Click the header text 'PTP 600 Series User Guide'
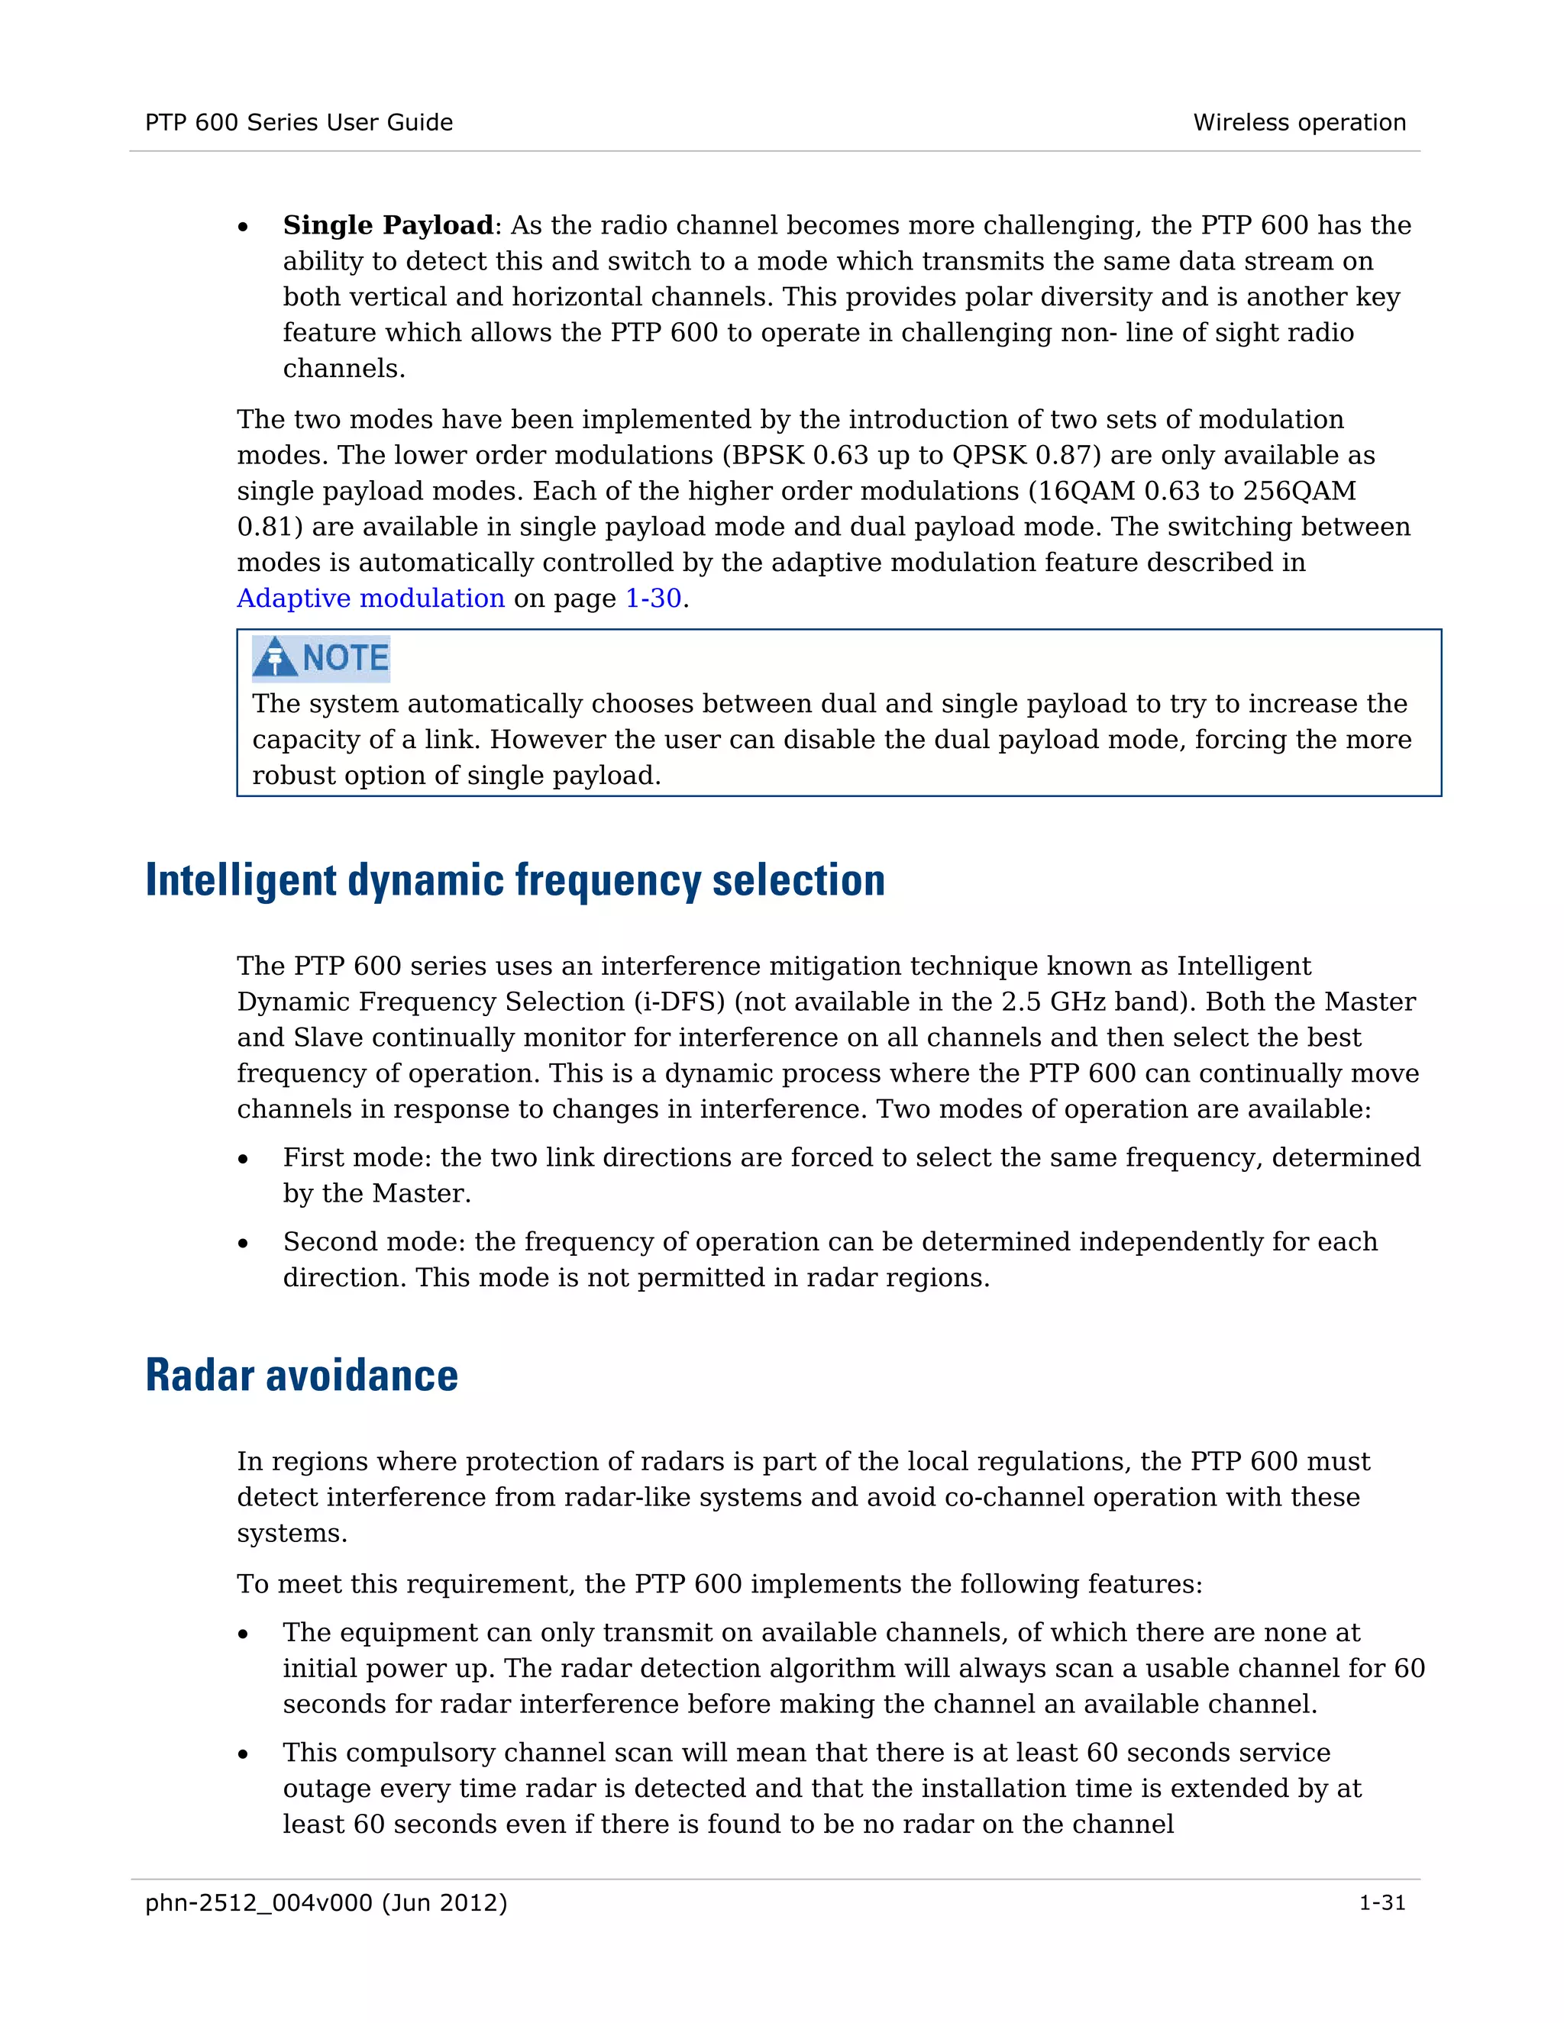(299, 122)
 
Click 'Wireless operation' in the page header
(1299, 122)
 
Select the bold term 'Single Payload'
(388, 225)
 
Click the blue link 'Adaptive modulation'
(370, 599)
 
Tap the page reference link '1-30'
(653, 599)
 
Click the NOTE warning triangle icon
(275, 657)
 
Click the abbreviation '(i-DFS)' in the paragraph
(679, 1002)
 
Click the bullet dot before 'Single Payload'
(243, 227)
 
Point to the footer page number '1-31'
(1381, 1902)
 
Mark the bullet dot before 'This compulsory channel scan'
(243, 1754)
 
